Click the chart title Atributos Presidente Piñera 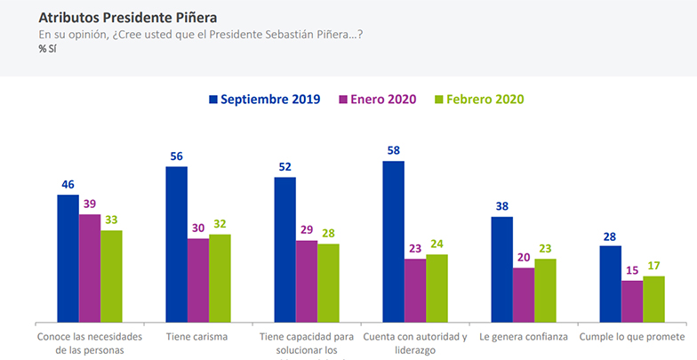pyautogui.click(x=127, y=17)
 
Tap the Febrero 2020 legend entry pyautogui.click(x=481, y=99)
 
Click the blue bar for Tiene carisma pyautogui.click(x=176, y=244)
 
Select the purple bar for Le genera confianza pyautogui.click(x=524, y=294)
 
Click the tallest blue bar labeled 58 pyautogui.click(x=393, y=241)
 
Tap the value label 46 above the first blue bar pyautogui.click(x=68, y=185)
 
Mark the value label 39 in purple pyautogui.click(x=90, y=204)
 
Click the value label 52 pyautogui.click(x=284, y=167)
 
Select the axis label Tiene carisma pyautogui.click(x=197, y=337)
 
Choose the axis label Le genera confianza pyautogui.click(x=524, y=337)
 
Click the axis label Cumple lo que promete pyautogui.click(x=632, y=337)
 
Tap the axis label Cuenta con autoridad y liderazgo pyautogui.click(x=414, y=343)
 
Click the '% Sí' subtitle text pyautogui.click(x=47, y=49)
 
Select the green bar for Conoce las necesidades pyautogui.click(x=111, y=276)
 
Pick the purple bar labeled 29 pyautogui.click(x=306, y=281)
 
